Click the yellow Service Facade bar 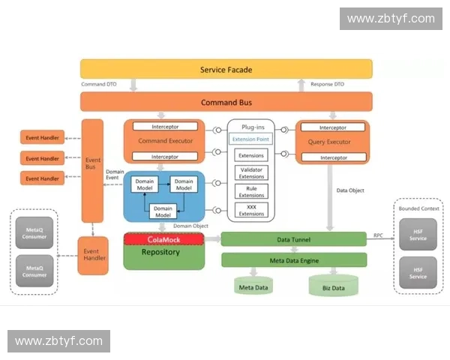point(226,70)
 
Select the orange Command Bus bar point(226,102)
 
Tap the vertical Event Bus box point(93,164)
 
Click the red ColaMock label point(163,239)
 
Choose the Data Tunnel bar point(294,240)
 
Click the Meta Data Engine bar point(294,260)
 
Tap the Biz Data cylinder point(333,287)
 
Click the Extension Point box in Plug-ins point(251,139)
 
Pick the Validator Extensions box point(251,173)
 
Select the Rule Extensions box point(251,191)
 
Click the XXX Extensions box point(251,210)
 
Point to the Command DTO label point(98,85)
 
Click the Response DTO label point(327,85)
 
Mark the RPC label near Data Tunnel point(379,235)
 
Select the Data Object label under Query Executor point(349,190)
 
